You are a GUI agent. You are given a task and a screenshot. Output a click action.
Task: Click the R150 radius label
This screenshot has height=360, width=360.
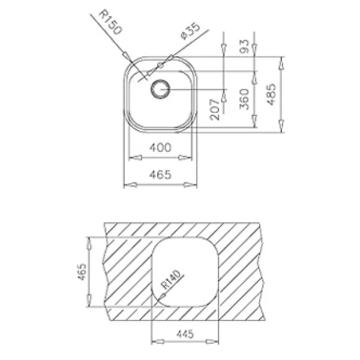110,22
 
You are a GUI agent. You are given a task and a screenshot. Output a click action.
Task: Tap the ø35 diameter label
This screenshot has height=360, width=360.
191,31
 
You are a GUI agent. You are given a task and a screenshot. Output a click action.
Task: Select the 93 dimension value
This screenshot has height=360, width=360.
244,46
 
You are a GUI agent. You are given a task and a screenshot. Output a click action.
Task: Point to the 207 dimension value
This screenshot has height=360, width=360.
215,110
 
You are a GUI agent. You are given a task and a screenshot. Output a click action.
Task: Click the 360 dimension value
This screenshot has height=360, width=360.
244,99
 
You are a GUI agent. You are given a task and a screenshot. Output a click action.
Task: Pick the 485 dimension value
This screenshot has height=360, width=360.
271,94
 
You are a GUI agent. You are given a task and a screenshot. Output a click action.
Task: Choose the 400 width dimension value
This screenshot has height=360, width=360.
160,148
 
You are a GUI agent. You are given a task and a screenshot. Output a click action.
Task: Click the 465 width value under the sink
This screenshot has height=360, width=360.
160,175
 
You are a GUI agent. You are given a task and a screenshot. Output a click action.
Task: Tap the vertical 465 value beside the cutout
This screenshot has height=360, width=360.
82,272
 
